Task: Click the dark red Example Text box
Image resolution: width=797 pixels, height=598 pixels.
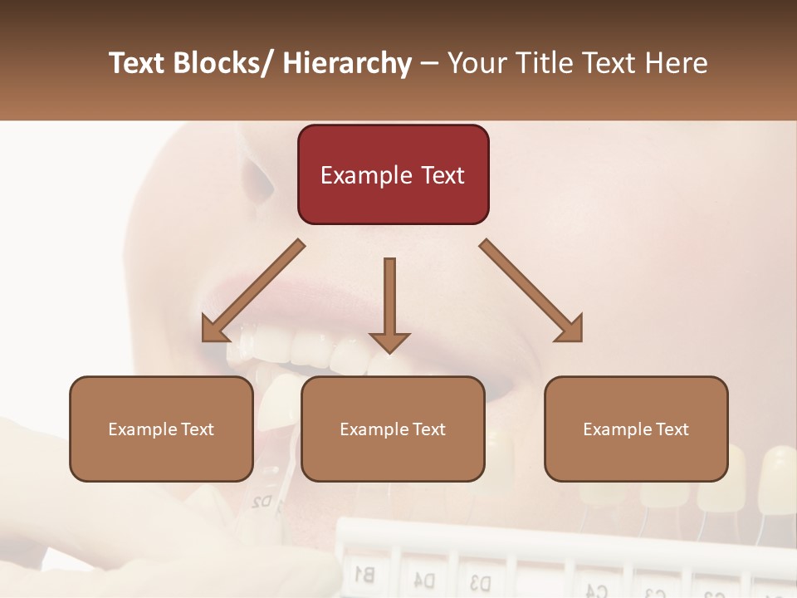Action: pyautogui.click(x=393, y=175)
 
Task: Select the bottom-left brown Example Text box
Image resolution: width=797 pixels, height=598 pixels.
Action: pyautogui.click(x=161, y=429)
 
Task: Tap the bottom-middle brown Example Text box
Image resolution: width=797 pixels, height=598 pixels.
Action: pyautogui.click(x=393, y=429)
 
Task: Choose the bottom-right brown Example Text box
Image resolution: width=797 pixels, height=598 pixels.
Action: pyautogui.click(x=636, y=429)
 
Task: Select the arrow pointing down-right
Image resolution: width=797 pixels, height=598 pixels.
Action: pyautogui.click(x=532, y=292)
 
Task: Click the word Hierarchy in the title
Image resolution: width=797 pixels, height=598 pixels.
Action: pyautogui.click(x=346, y=63)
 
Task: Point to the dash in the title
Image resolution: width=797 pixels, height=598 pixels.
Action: pyautogui.click(x=429, y=63)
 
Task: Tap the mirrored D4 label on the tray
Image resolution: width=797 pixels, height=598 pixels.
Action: pyautogui.click(x=424, y=578)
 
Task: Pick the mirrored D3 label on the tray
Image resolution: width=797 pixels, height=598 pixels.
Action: pyautogui.click(x=480, y=581)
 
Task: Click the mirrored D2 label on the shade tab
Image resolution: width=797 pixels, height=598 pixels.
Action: pyautogui.click(x=262, y=501)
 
